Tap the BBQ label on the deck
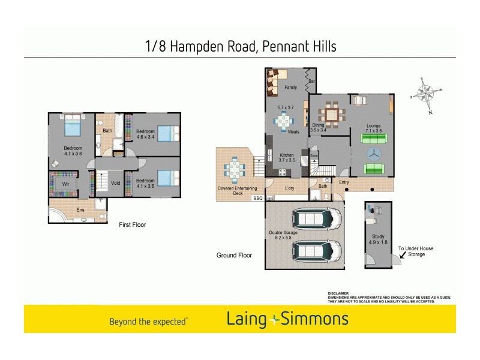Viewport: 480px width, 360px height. click(x=258, y=198)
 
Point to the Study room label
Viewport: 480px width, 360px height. click(x=377, y=239)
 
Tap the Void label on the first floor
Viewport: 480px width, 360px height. click(x=116, y=183)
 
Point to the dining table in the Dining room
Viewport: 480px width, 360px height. click(x=332, y=113)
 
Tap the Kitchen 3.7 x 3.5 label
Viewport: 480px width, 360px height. click(x=286, y=158)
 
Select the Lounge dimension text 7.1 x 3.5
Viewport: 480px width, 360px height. click(x=374, y=131)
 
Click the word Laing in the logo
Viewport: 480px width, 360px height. click(x=246, y=319)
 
